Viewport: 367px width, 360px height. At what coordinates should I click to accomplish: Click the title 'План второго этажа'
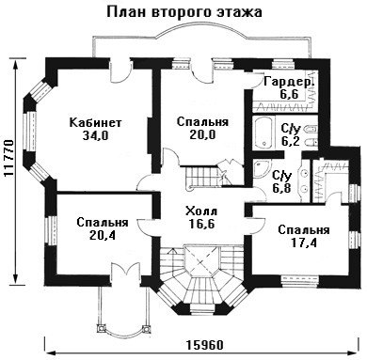(184, 12)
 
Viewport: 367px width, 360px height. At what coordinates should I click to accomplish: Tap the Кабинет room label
(95, 122)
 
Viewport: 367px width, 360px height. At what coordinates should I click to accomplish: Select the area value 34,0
(95, 135)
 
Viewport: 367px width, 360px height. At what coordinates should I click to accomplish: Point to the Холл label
(201, 211)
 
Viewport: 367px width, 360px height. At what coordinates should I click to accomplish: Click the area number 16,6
(201, 224)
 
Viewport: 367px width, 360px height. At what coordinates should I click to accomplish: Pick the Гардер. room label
(289, 82)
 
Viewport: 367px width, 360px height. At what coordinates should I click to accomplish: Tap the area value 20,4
(103, 235)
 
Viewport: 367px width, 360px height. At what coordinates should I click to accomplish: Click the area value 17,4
(304, 243)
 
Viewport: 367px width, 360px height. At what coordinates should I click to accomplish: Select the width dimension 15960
(205, 345)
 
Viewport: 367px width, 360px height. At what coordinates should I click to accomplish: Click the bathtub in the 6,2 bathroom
(263, 133)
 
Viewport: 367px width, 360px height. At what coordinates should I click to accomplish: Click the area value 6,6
(289, 94)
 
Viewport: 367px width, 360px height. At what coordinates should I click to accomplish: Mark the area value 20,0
(202, 134)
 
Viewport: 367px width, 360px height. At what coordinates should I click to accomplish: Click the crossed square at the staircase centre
(201, 260)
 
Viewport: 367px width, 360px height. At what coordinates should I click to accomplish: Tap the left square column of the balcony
(102, 328)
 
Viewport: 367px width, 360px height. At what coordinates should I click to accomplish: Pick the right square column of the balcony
(146, 329)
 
